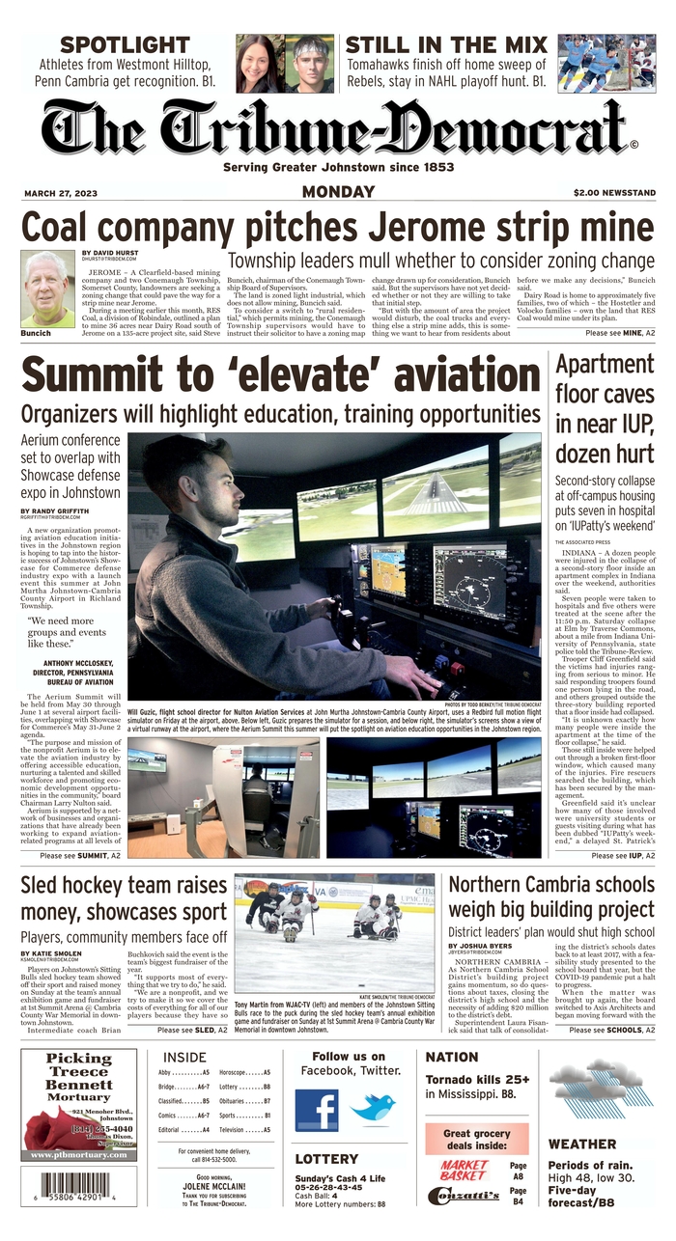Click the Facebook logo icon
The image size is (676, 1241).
317,1110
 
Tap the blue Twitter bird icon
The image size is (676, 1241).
373,1108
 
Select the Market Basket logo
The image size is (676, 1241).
465,1170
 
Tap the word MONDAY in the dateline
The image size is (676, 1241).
338,192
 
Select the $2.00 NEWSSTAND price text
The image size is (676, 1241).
613,193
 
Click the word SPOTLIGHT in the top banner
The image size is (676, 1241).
125,44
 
